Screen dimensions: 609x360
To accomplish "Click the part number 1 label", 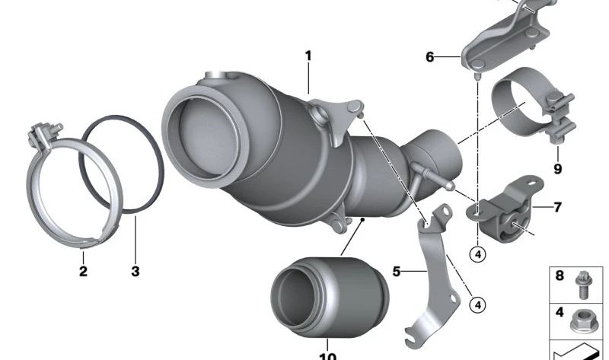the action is click(x=308, y=56).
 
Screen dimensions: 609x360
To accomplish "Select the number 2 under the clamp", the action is click(x=83, y=271).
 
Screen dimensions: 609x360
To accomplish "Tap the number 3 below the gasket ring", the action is click(x=136, y=271).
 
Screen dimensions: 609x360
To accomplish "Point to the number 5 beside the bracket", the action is click(x=396, y=272).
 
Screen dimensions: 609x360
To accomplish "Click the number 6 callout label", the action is click(x=429, y=57).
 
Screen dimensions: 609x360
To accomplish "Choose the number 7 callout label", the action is click(x=558, y=207).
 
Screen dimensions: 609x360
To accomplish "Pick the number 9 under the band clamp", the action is click(x=558, y=169).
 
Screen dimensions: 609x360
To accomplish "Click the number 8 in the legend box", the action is click(x=560, y=276).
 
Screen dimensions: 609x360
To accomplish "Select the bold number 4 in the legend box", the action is click(x=560, y=312).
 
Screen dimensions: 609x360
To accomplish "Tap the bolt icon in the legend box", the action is click(x=582, y=285).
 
